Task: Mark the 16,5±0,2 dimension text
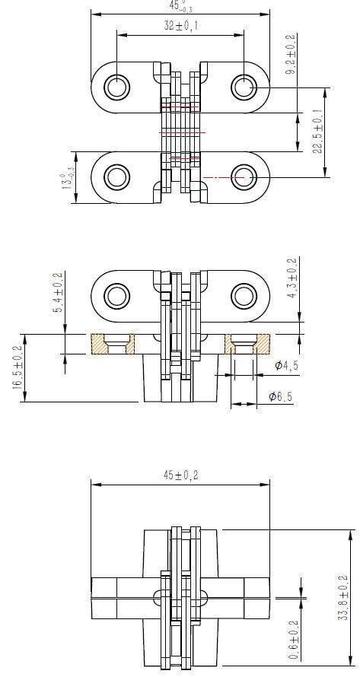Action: point(18,367)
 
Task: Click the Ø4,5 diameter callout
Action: point(288,367)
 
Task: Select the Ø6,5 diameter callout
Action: point(282,396)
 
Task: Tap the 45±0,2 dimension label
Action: point(180,475)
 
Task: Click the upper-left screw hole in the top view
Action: point(116,87)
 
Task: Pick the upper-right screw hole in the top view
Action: point(243,87)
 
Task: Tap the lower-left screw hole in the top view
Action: point(116,177)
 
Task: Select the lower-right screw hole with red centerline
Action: point(243,177)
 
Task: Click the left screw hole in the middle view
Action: point(116,295)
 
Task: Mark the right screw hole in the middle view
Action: point(243,295)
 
